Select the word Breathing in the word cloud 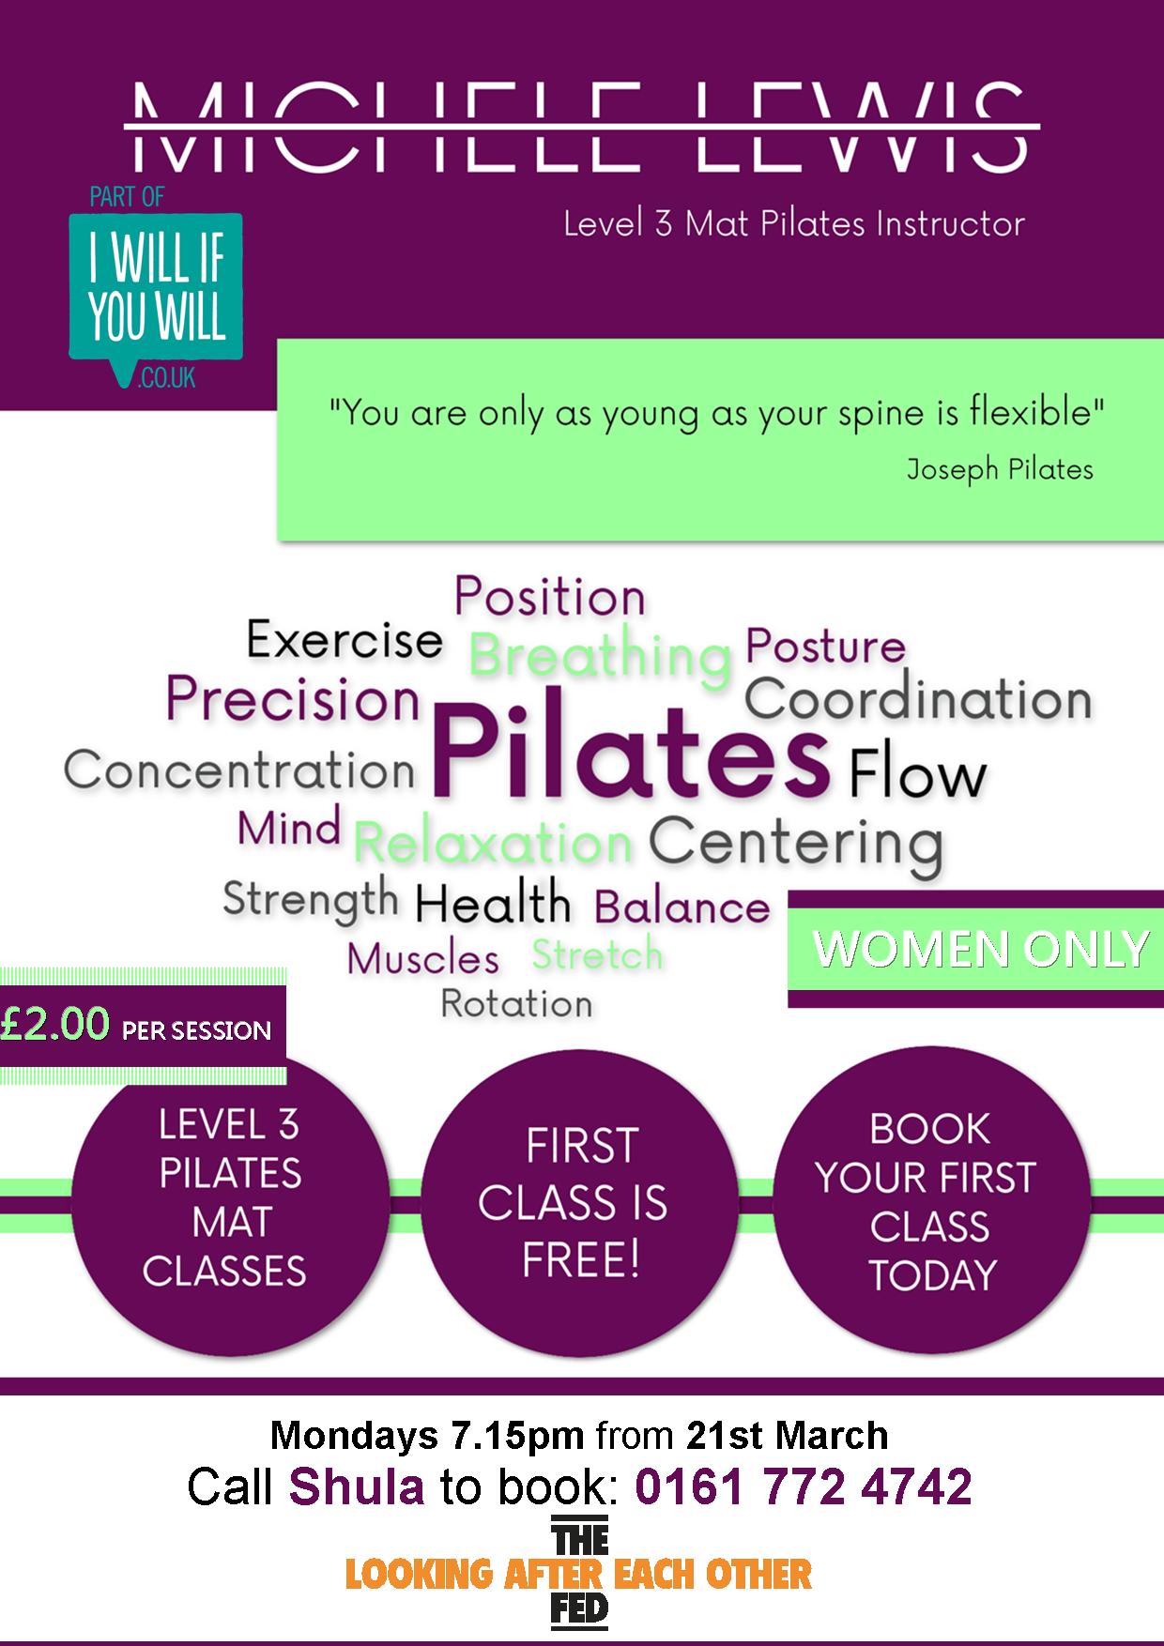(600, 655)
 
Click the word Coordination (918, 699)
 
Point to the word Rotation (516, 1004)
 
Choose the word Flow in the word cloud (917, 775)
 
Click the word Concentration (239, 771)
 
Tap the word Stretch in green (598, 954)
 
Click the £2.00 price (56, 1023)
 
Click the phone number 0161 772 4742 (804, 1487)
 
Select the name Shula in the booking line (357, 1487)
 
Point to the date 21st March (788, 1435)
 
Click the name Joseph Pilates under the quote (1000, 468)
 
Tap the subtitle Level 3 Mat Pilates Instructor (794, 224)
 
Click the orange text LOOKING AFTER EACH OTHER (578, 1574)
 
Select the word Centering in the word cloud (795, 842)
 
